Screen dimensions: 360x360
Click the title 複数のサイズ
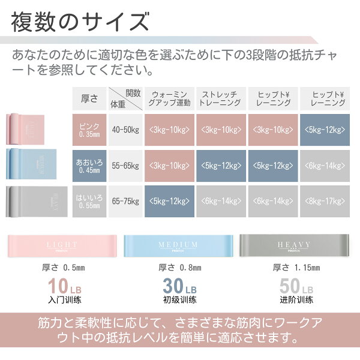pos(80,24)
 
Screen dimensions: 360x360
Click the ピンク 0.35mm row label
pos(89,129)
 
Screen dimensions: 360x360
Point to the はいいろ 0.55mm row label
pos(89,202)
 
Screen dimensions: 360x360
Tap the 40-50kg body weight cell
pos(125,129)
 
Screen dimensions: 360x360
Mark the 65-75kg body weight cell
pos(125,202)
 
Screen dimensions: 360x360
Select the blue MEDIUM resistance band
pos(178,247)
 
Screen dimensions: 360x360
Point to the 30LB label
pos(179,286)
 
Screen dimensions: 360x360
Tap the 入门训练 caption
pos(61,299)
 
